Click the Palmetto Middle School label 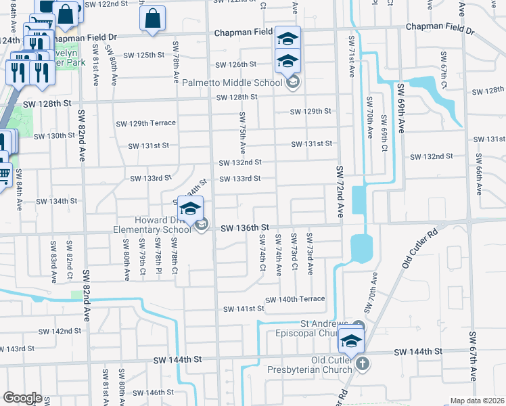[232, 83]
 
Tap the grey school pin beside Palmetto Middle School [293, 83]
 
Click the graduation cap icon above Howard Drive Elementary [190, 208]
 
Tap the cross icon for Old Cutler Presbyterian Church [363, 364]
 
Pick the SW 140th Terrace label [295, 299]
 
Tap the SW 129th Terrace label [145, 123]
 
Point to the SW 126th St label [236, 65]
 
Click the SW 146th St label [154, 393]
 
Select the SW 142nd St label [60, 332]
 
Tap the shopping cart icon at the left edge [3, 175]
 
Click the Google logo [22, 398]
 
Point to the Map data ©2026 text [477, 401]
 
